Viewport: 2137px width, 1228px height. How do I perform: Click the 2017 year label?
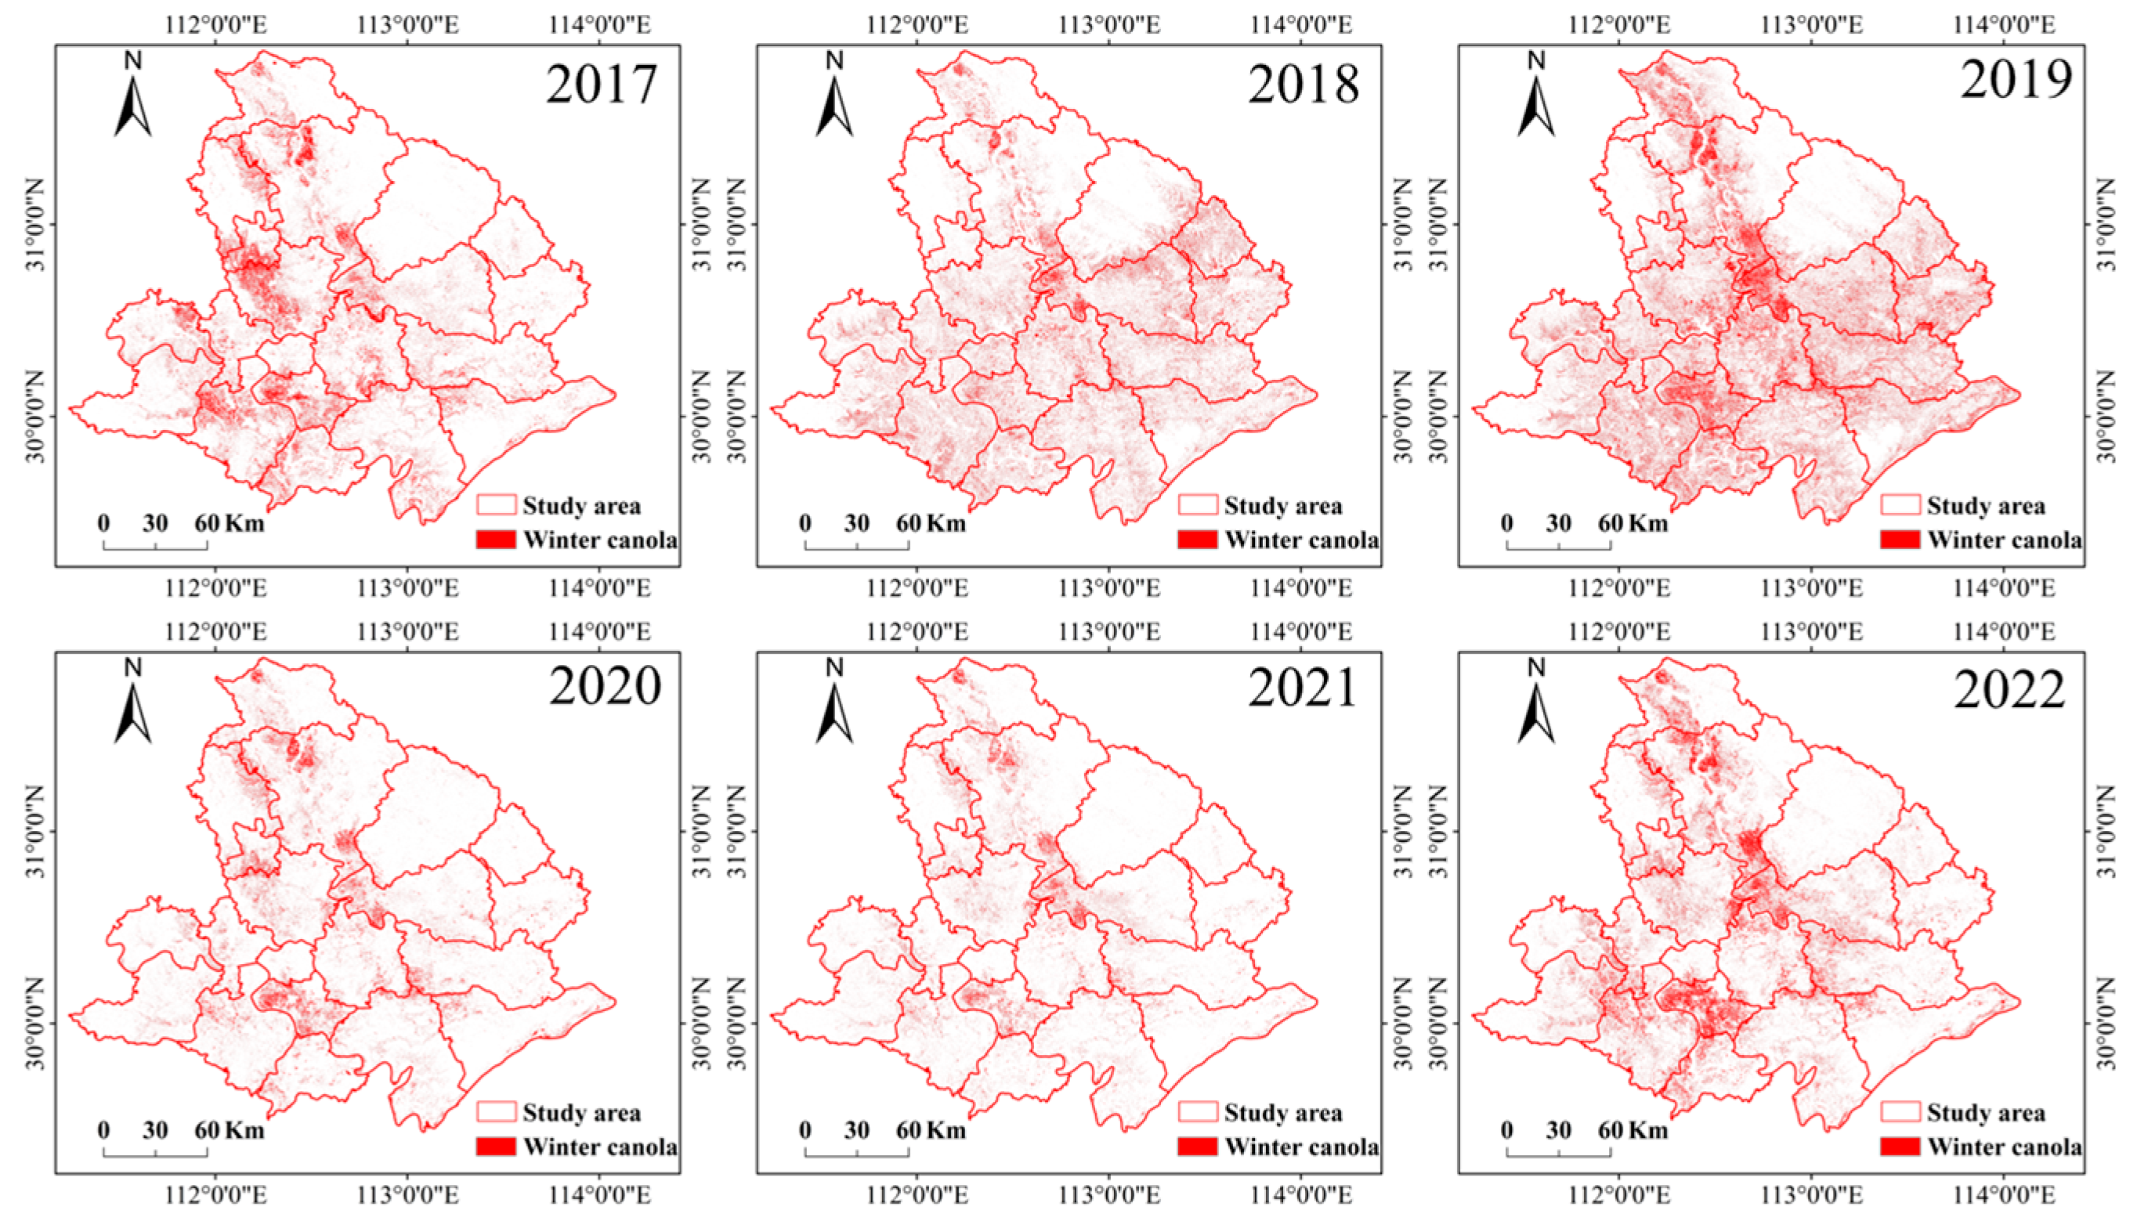(x=602, y=85)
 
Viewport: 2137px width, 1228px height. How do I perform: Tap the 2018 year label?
(x=1303, y=85)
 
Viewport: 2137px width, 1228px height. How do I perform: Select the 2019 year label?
(x=2015, y=80)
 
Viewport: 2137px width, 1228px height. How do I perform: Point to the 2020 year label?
(x=605, y=687)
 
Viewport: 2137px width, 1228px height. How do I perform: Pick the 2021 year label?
(x=1303, y=688)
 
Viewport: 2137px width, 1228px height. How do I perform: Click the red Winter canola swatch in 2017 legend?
(x=496, y=540)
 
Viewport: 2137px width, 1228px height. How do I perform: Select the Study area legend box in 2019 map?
(x=1899, y=505)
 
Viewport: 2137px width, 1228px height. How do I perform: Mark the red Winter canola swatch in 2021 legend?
(x=1198, y=1147)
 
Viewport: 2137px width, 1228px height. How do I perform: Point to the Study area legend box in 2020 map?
(x=496, y=1111)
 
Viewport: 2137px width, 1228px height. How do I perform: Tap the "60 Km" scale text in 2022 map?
(x=1633, y=1130)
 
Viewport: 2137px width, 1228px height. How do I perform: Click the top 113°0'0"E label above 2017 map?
(x=408, y=23)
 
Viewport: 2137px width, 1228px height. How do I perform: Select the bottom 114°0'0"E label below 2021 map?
(x=1301, y=1195)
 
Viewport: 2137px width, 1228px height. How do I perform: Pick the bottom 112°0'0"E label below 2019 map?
(x=1619, y=588)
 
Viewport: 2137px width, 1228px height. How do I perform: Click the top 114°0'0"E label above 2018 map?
(x=1301, y=23)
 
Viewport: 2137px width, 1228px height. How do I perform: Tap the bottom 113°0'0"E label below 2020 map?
(x=408, y=1195)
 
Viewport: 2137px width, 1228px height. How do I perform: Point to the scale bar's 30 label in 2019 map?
(x=1558, y=524)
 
